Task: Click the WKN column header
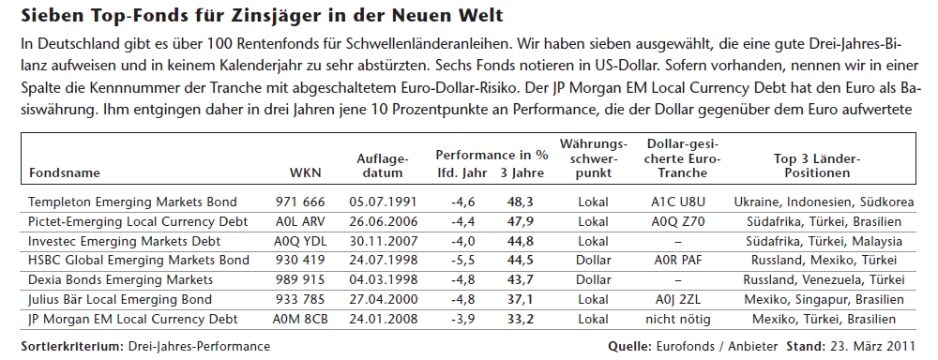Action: pos(305,173)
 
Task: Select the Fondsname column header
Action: pos(64,173)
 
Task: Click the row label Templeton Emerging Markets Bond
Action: pos(132,202)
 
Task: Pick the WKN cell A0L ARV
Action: pos(300,222)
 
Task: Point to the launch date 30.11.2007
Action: pos(383,242)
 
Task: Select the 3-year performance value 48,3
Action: pos(520,202)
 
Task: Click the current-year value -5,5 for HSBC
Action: pos(463,261)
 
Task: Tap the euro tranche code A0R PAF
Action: pos(678,261)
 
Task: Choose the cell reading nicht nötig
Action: pos(678,320)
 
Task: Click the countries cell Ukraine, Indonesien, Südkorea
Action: pos(824,202)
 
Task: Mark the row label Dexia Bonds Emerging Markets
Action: pos(120,280)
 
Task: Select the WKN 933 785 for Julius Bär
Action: pos(300,300)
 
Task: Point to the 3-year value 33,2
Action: pos(520,320)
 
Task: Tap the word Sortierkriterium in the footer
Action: pos(72,346)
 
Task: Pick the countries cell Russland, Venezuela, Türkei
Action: pos(824,280)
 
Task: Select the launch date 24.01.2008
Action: pos(383,320)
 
